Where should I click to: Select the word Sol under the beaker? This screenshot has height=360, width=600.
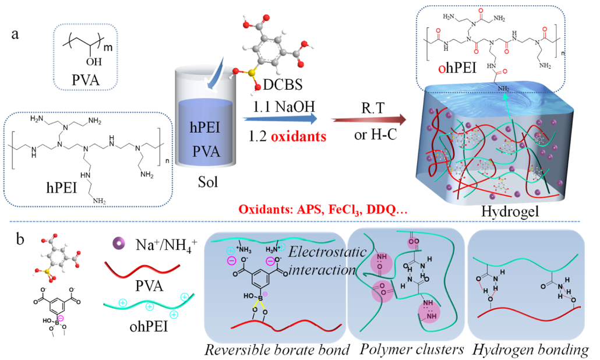(207, 183)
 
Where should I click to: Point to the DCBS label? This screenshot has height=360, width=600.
(281, 86)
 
